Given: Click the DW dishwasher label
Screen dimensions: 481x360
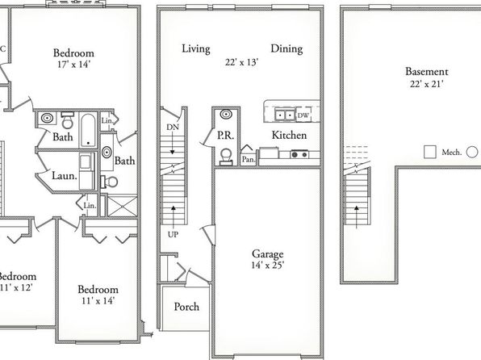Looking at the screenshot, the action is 303,115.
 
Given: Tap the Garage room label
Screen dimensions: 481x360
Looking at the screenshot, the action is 267,253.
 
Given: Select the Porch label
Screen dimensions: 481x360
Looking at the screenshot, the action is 186,307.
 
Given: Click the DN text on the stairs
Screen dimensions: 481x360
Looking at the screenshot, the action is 173,127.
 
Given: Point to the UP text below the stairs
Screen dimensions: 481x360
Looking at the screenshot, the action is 173,235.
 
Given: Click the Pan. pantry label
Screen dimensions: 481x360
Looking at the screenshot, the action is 249,160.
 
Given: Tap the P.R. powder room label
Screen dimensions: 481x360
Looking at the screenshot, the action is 226,135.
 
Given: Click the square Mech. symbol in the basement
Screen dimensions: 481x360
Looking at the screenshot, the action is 430,152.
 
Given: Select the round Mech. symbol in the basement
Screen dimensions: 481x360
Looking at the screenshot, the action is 472,152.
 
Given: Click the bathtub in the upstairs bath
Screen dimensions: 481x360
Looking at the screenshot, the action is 88,131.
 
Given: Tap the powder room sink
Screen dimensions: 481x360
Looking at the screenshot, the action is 226,115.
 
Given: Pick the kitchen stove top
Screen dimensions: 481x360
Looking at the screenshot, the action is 299,154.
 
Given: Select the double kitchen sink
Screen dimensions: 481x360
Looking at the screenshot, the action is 285,115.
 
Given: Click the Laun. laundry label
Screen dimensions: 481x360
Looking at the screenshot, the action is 64,176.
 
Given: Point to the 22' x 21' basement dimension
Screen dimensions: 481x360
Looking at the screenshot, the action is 427,84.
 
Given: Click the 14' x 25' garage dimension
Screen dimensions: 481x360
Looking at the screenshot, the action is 268,265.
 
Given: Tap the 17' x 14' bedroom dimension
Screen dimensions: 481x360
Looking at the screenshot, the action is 73,64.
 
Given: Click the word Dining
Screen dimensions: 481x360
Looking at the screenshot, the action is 287,48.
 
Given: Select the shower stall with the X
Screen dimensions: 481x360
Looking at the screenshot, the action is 123,207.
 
